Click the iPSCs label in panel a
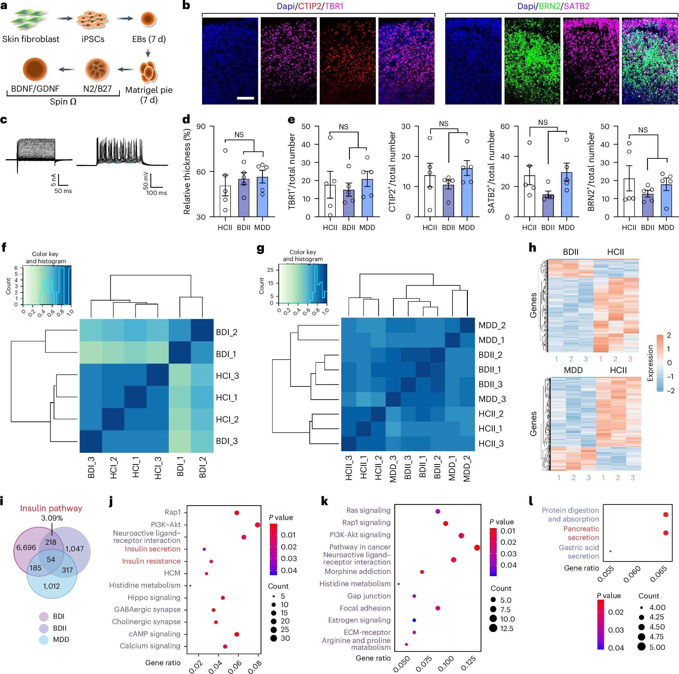[93, 39]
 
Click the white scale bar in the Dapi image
[245, 98]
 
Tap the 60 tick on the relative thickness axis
[201, 172]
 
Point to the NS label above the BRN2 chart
[643, 130]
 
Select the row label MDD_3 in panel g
[492, 399]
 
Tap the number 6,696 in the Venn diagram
[26, 548]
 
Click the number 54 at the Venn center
[51, 559]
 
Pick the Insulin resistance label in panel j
[151, 561]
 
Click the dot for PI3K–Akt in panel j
[257, 525]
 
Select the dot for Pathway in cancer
[477, 548]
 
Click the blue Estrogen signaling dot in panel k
[414, 620]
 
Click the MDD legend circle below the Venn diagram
[44, 639]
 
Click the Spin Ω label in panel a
[63, 102]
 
